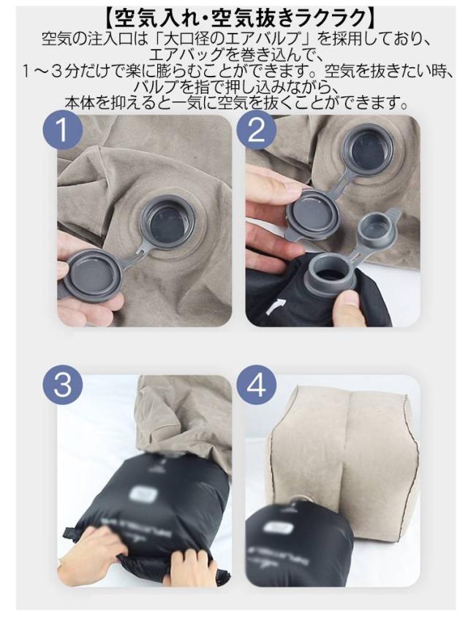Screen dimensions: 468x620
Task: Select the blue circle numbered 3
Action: point(63,385)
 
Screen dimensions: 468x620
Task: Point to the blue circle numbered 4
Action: point(256,385)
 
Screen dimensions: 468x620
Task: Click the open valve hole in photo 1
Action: point(168,223)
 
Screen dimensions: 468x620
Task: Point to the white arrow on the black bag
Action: point(275,306)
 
